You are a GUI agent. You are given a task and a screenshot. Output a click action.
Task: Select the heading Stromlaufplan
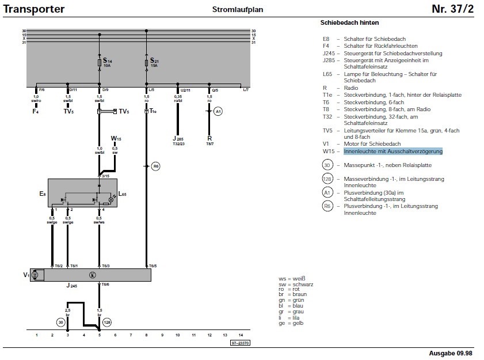tap(234, 10)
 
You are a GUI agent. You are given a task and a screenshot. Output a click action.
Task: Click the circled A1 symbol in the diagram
tap(218, 111)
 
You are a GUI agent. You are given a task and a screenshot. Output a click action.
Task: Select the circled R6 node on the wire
tap(156, 166)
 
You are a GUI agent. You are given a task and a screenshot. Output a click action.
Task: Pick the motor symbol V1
tap(34, 275)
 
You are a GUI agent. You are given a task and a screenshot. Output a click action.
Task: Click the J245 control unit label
tap(71, 286)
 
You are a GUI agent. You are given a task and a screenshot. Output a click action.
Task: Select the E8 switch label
tap(42, 194)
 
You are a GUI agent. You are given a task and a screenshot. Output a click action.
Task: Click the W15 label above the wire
tap(116, 139)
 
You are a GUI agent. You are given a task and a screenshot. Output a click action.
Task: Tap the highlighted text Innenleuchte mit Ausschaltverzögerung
tap(393, 151)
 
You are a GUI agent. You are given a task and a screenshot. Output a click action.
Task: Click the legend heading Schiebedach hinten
tap(349, 22)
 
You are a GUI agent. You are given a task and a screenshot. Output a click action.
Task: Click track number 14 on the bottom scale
tap(241, 335)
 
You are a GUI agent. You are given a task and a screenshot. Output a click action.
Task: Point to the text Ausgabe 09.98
tap(451, 352)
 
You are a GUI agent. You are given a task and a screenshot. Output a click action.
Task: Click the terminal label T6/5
tap(153, 266)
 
